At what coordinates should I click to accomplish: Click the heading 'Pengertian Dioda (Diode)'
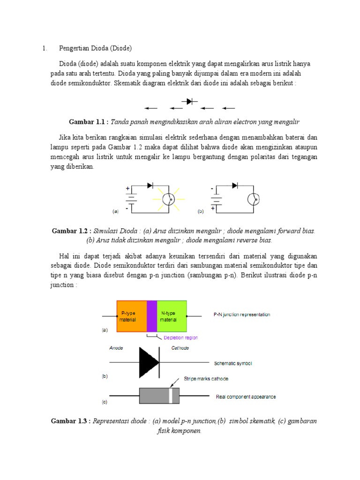tap(95, 48)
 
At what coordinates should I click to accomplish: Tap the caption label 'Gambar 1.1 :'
tap(89, 122)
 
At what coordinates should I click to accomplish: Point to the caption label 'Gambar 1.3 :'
tap(71, 421)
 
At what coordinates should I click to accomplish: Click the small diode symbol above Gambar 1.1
tap(189, 101)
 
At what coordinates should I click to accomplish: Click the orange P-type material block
tap(131, 316)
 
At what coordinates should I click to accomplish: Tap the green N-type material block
tap(172, 316)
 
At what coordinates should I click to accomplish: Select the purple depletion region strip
tap(151, 316)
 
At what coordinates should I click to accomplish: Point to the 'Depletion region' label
tap(180, 337)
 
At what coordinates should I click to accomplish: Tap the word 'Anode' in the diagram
tap(116, 348)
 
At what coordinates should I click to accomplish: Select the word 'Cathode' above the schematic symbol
tap(180, 348)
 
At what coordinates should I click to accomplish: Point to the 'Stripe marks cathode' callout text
tap(206, 378)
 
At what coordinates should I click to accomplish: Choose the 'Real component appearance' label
tap(246, 397)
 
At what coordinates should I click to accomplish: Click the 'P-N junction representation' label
tap(239, 315)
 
